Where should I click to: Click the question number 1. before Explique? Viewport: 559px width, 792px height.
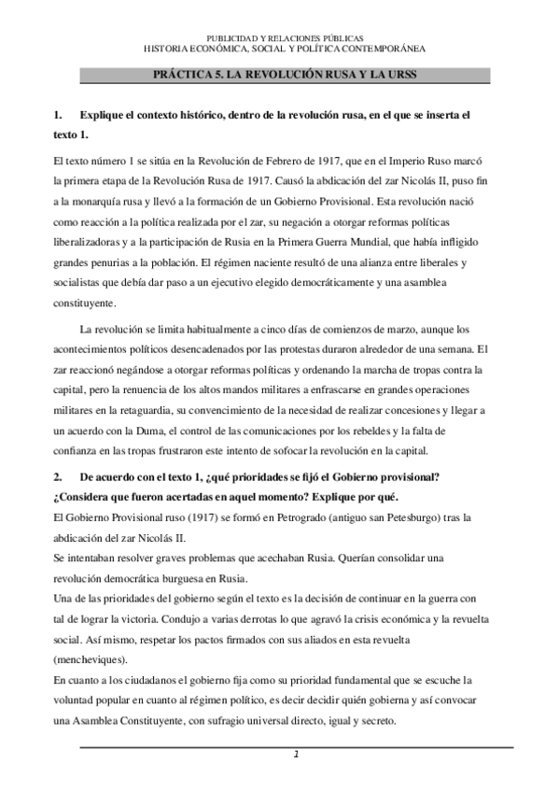click(62, 116)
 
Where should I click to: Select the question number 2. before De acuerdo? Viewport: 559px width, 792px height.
click(62, 477)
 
